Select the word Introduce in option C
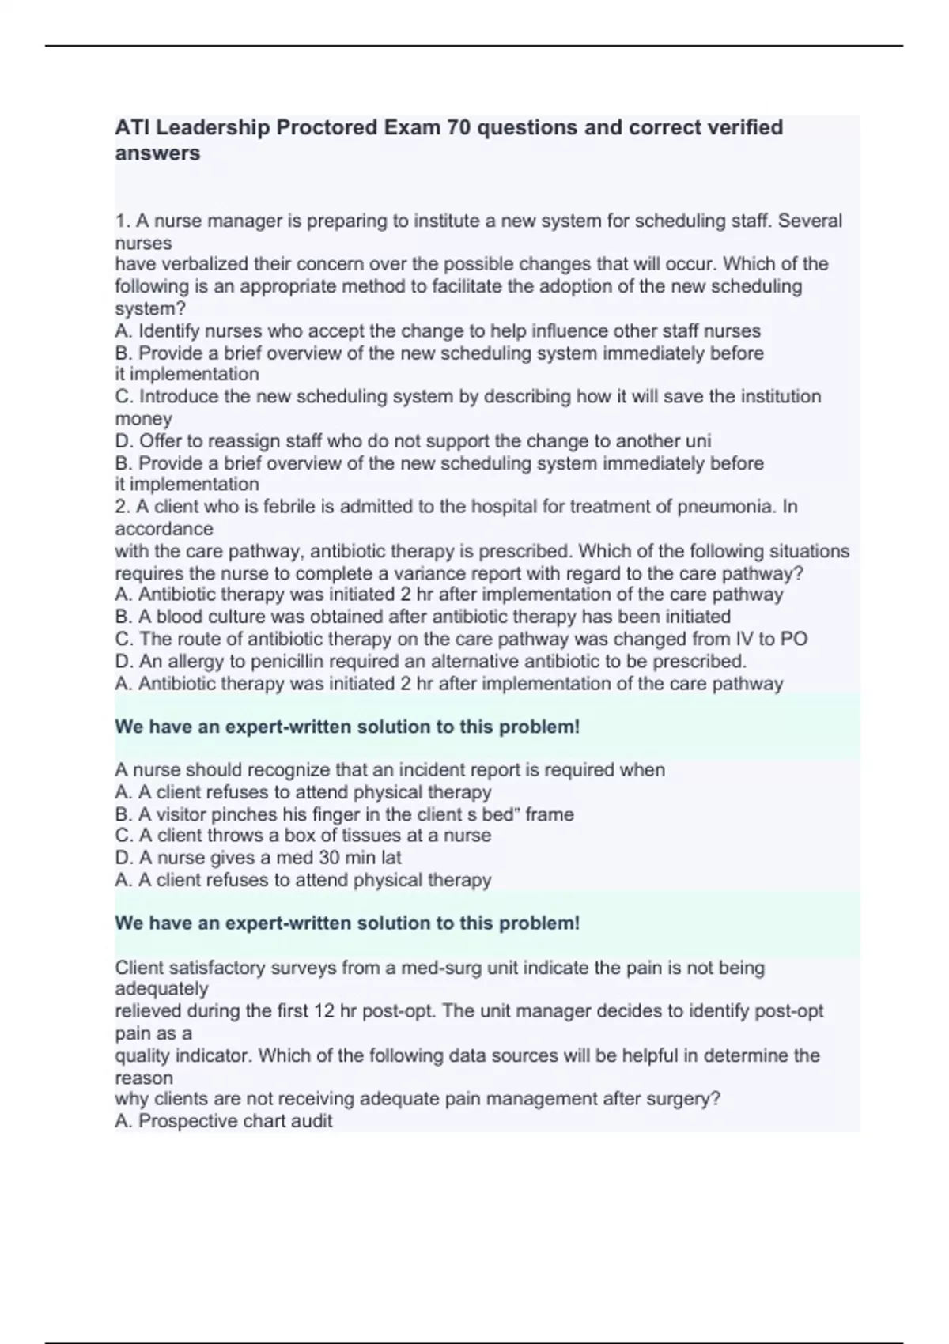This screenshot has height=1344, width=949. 179,396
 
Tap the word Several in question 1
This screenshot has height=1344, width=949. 810,221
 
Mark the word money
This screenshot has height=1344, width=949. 143,419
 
